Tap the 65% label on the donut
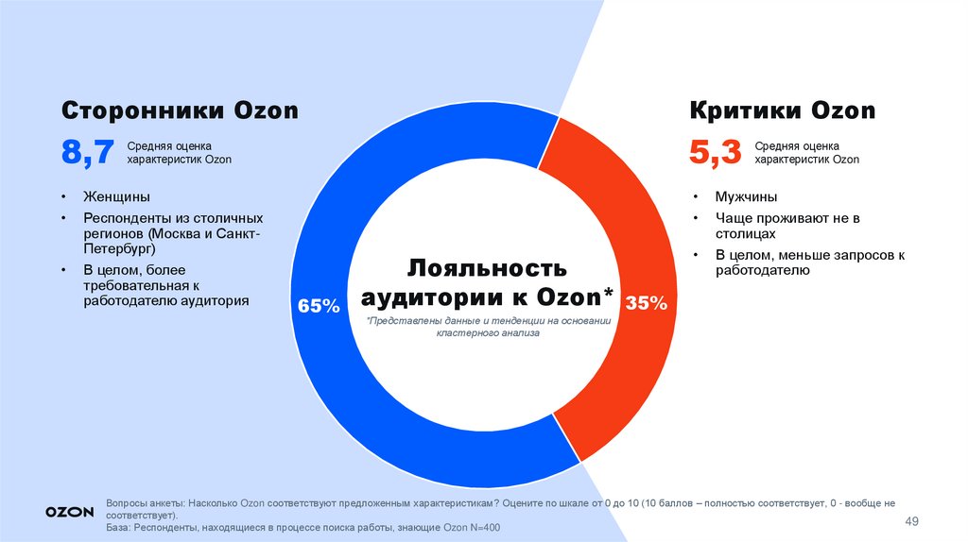(x=318, y=306)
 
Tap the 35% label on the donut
(x=647, y=303)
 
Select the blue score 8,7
(x=88, y=153)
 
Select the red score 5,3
(x=716, y=153)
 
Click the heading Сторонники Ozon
(x=180, y=111)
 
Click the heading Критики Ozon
(x=783, y=111)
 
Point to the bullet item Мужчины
(x=747, y=196)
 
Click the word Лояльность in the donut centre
(x=487, y=267)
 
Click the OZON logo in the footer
(x=69, y=511)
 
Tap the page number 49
(x=912, y=522)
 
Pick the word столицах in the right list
(x=745, y=233)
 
